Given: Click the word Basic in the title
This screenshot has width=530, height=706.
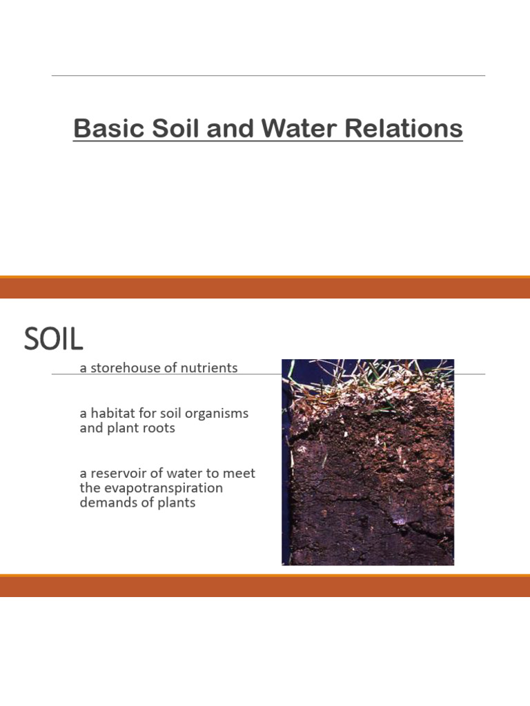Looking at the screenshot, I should click(x=103, y=129).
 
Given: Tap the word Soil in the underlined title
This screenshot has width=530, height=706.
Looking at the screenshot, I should click(x=162, y=129).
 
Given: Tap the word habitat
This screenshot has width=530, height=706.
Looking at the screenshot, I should click(x=112, y=414).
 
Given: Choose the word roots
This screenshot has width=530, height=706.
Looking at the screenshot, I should click(x=159, y=428).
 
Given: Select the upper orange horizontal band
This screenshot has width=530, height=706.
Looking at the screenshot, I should click(x=265, y=288).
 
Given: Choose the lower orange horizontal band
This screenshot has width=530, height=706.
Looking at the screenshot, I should click(x=265, y=586).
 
